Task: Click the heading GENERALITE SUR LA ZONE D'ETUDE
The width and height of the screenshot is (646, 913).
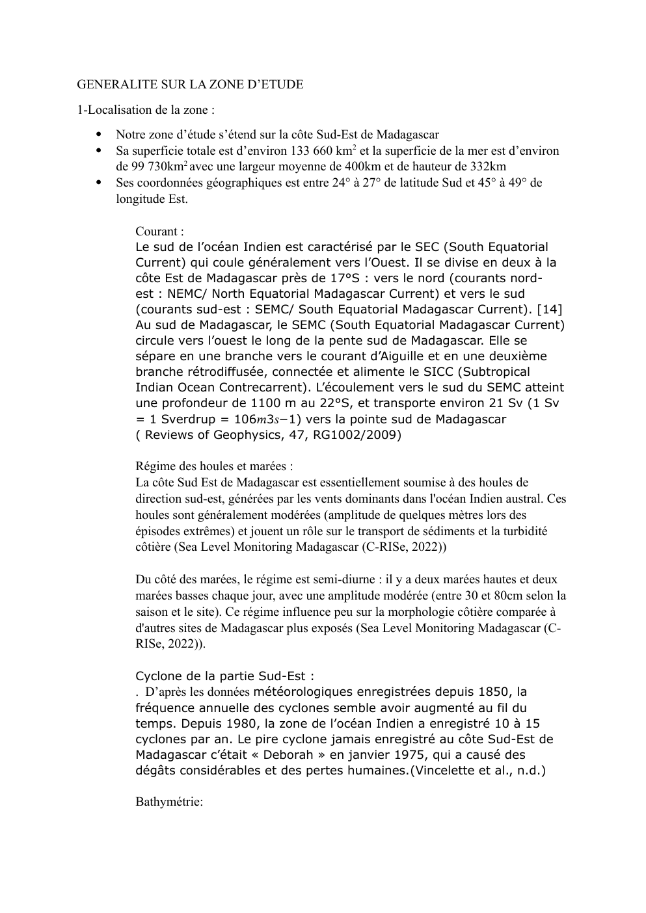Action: (190, 85)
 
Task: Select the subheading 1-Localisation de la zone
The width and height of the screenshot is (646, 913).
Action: (146, 111)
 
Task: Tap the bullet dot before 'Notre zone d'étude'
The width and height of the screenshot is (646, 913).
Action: (100, 135)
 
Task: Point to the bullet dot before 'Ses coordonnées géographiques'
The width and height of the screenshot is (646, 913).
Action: (100, 183)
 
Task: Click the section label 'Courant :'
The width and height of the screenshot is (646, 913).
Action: (159, 232)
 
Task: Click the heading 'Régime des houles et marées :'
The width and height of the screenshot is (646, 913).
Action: (214, 466)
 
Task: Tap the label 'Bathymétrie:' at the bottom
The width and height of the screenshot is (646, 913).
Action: (169, 802)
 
